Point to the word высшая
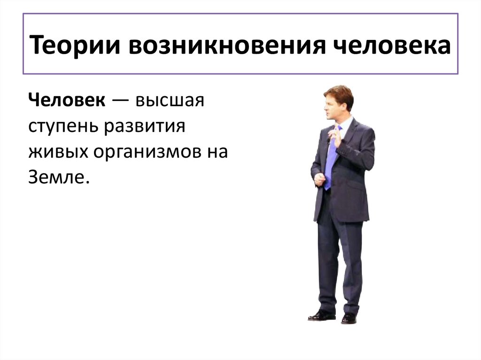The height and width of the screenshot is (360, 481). coord(171,100)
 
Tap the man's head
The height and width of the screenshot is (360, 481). coord(337,102)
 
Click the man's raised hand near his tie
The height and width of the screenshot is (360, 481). coord(335,137)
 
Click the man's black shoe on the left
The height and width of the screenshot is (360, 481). coord(321,315)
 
